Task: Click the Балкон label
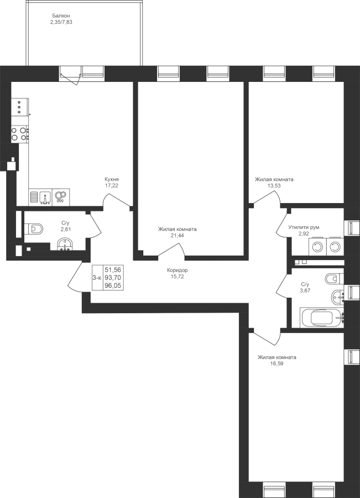tap(61, 15)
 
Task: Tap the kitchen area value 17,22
tap(112, 185)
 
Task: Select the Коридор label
tap(177, 270)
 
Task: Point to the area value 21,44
tap(178, 235)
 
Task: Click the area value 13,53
tap(274, 186)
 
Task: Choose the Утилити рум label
tap(304, 227)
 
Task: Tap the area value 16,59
tap(277, 364)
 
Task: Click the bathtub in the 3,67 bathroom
tap(322, 317)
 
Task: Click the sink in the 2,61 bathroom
tap(65, 245)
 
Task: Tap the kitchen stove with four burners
tap(20, 134)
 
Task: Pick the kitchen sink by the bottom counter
tap(45, 197)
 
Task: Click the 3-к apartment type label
tap(97, 278)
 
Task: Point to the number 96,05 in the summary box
tap(113, 285)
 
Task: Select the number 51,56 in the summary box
tap(113, 270)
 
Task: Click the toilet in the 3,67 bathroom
tap(335, 278)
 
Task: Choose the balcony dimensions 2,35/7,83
tap(61, 22)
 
